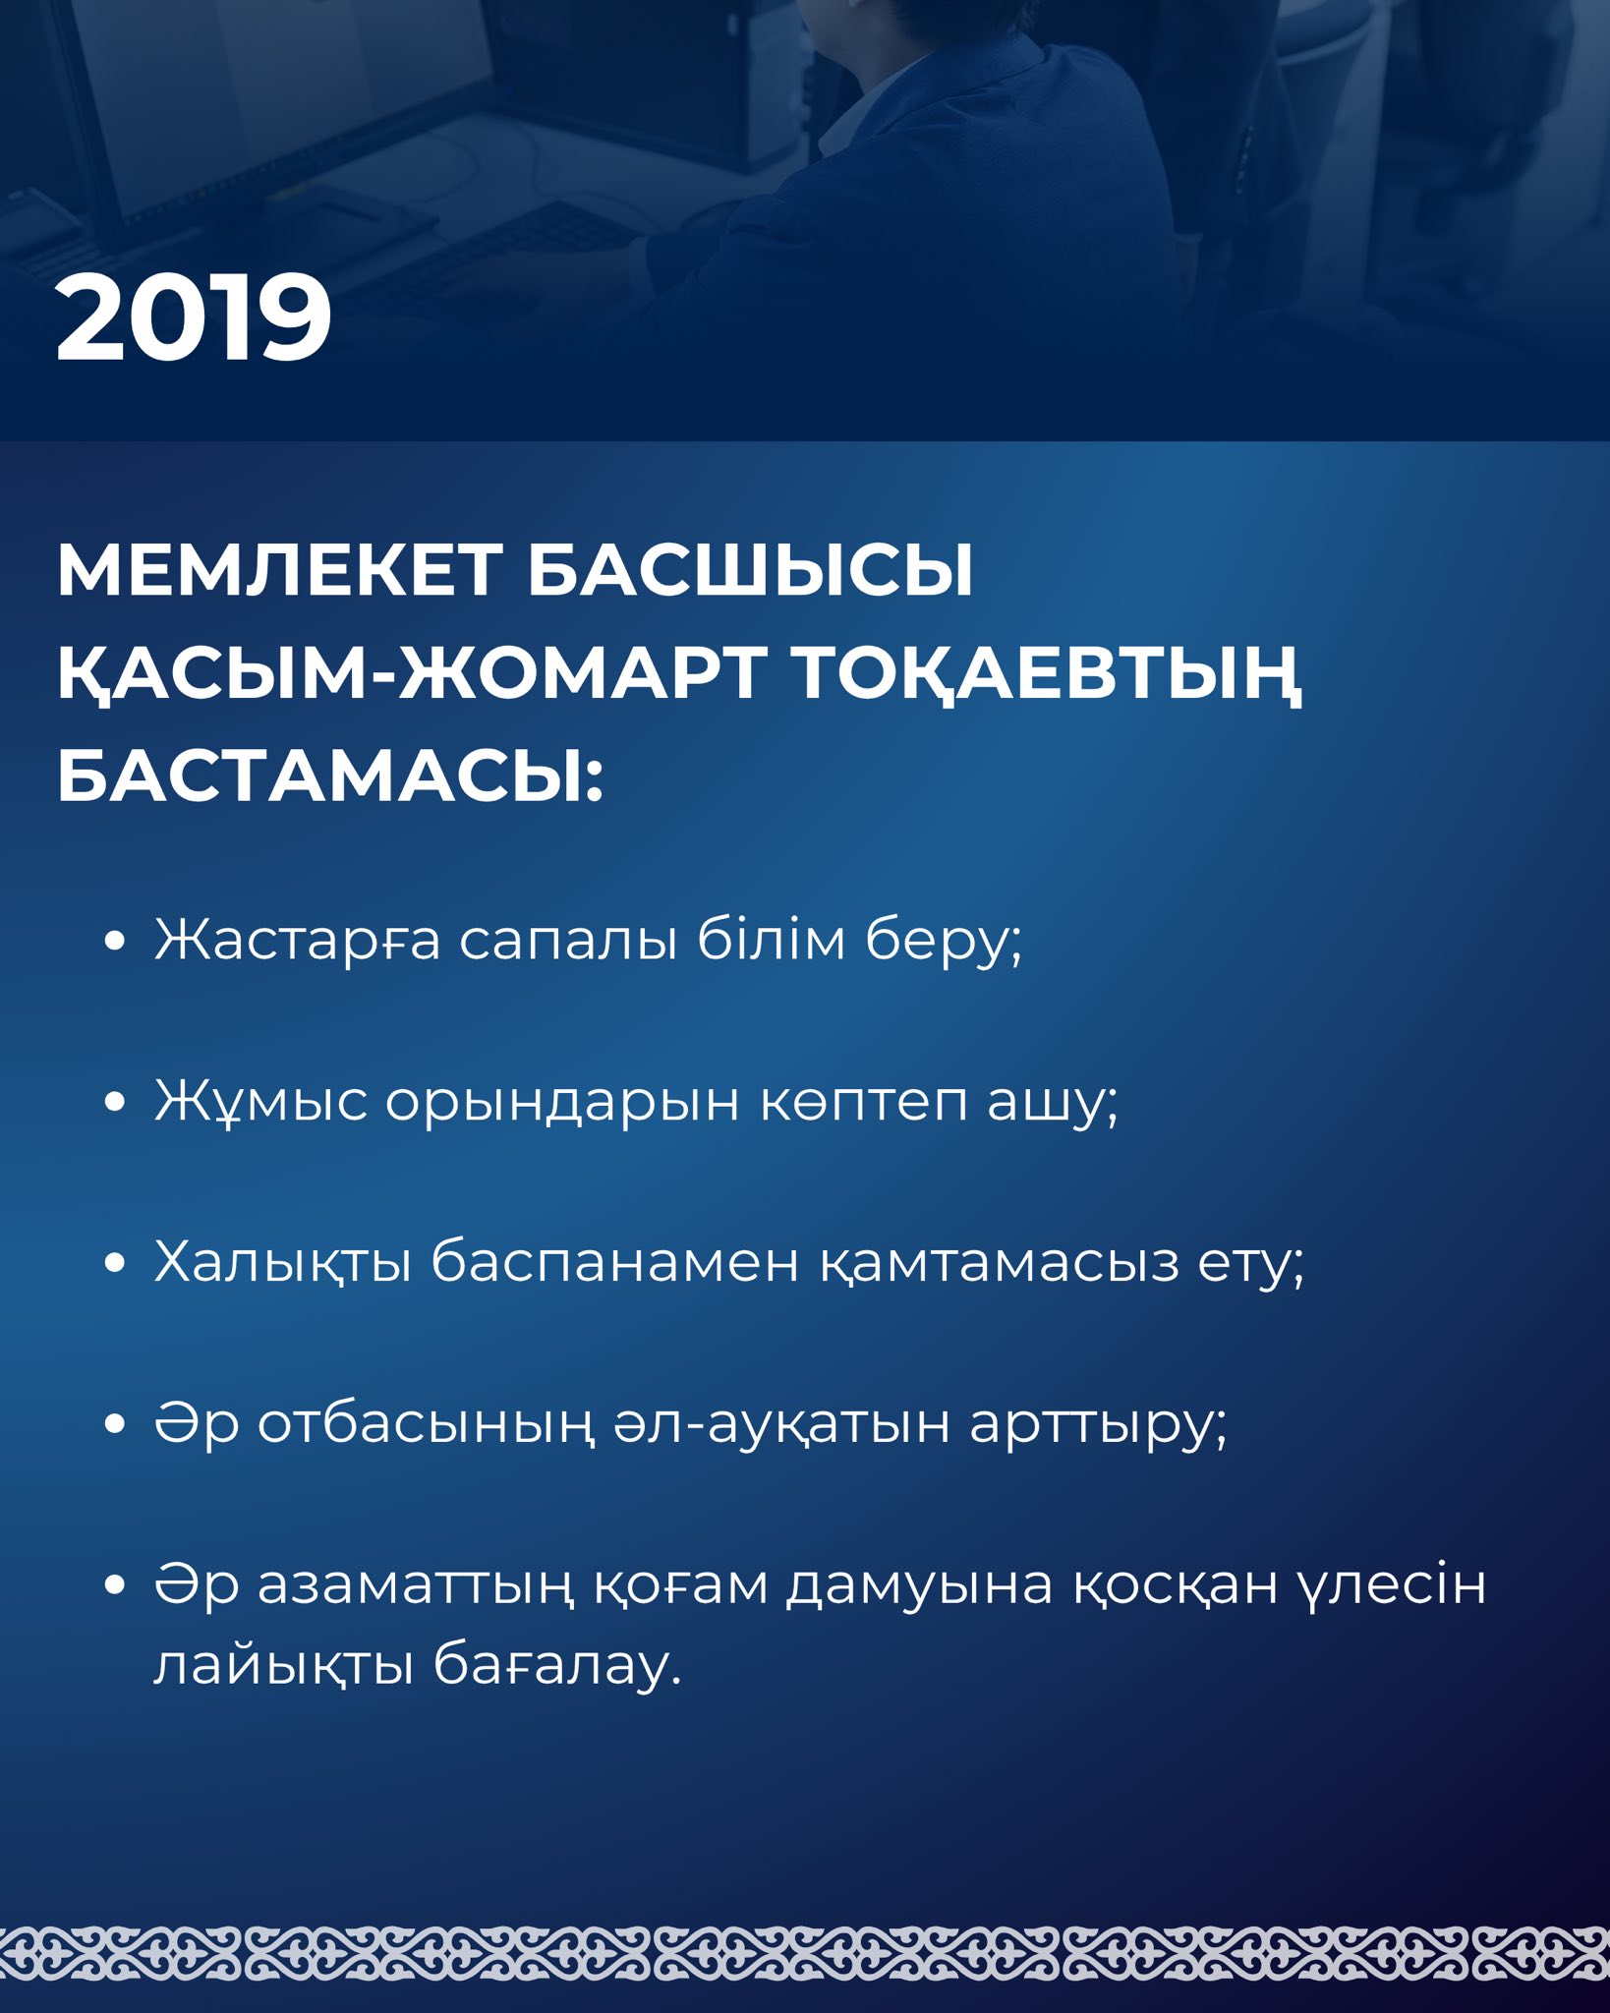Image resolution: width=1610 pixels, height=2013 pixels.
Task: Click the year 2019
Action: pyautogui.click(x=194, y=318)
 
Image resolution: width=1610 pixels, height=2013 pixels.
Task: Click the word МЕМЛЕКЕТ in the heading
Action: pyautogui.click(x=280, y=570)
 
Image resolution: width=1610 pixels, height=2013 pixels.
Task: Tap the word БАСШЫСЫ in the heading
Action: pyautogui.click(x=751, y=570)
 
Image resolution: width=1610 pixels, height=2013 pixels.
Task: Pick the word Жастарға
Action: pyautogui.click(x=298, y=940)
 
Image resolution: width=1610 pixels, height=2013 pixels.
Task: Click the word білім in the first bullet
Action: pyautogui.click(x=772, y=938)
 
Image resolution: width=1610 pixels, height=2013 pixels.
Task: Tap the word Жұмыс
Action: pyautogui.click(x=260, y=1101)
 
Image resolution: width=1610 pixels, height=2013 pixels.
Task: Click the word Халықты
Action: pyautogui.click(x=283, y=1261)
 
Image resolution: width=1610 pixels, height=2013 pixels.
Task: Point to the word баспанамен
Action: pyautogui.click(x=615, y=1262)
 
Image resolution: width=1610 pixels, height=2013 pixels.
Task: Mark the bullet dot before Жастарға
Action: pyautogui.click(x=115, y=941)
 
